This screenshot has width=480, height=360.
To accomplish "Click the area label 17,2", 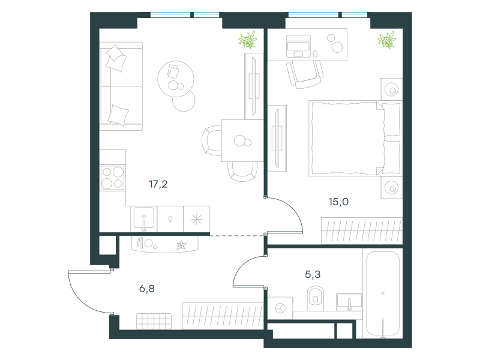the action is (x=158, y=184).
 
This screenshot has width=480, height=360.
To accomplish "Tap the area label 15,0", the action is (x=338, y=202).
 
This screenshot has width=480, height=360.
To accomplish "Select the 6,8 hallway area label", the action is (x=147, y=289).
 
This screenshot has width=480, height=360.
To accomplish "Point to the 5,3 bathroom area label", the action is (x=313, y=274).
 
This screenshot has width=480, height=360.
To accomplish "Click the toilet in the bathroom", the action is (x=316, y=296).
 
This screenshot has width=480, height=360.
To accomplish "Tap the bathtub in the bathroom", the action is (x=383, y=293).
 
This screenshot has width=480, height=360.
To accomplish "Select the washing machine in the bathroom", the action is (x=280, y=308).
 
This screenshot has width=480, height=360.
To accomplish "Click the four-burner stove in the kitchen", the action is (x=112, y=178).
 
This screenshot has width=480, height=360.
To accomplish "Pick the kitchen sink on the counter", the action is (x=144, y=219).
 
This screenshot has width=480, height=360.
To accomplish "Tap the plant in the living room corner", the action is (x=248, y=40).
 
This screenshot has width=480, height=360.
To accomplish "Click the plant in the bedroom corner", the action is (x=387, y=40).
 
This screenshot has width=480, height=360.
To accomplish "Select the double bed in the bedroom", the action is (x=355, y=139).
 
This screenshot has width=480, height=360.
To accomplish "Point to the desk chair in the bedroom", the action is (x=305, y=74).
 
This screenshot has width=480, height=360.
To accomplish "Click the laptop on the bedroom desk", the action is (x=298, y=46).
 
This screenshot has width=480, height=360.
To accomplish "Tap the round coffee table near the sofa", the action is (x=176, y=79).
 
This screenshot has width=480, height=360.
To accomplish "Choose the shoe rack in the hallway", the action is (x=154, y=321).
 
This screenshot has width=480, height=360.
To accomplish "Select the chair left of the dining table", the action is (x=212, y=140).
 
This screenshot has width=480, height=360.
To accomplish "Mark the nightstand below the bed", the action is (x=391, y=187).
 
